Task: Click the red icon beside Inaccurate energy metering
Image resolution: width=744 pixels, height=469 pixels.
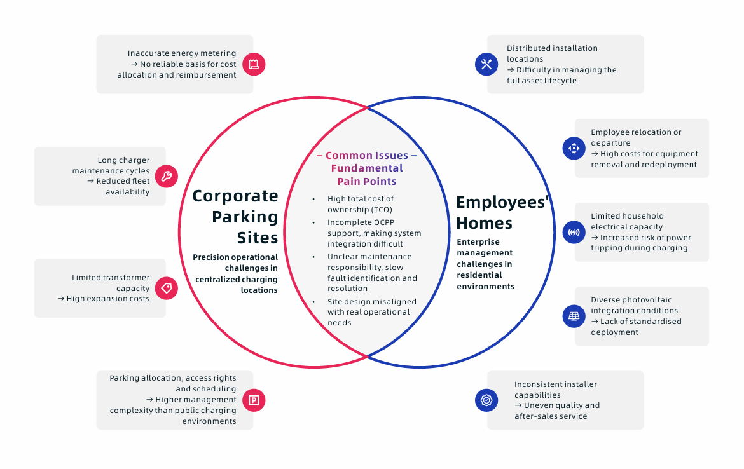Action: (x=254, y=64)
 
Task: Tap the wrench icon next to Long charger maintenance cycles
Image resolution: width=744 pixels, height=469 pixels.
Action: (x=167, y=176)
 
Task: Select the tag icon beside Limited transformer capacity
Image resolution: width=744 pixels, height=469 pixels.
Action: (x=167, y=288)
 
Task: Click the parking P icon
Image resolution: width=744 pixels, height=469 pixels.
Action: (x=254, y=400)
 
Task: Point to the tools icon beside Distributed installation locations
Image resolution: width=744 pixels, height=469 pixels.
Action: (x=486, y=64)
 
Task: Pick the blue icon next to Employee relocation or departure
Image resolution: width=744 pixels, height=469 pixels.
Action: (x=574, y=148)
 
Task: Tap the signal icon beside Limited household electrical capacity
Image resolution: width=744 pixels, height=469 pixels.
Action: (x=574, y=232)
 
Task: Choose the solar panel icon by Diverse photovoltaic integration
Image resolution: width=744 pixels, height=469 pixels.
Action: (x=574, y=316)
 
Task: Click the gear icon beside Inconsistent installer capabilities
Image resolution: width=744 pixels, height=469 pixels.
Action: (x=486, y=400)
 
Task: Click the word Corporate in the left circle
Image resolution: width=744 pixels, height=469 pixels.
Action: (x=235, y=196)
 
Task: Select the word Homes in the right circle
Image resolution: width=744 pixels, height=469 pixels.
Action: (x=484, y=224)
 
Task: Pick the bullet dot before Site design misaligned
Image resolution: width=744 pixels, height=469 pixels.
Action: (x=313, y=302)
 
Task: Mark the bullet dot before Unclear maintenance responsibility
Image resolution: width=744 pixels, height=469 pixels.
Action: (x=313, y=257)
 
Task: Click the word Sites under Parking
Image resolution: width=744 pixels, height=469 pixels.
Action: (x=258, y=238)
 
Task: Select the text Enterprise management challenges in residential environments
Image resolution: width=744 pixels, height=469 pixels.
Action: (x=485, y=264)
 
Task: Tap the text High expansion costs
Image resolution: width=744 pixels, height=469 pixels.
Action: (x=108, y=299)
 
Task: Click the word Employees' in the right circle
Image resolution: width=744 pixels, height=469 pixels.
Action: (x=503, y=203)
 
